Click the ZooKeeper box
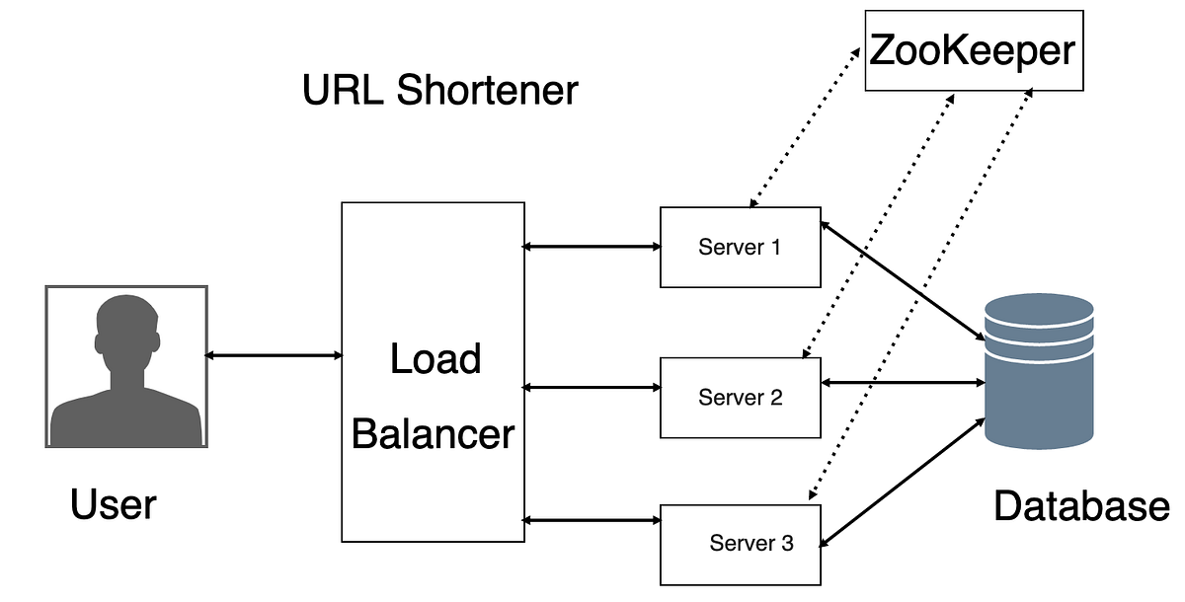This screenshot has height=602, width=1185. (974, 49)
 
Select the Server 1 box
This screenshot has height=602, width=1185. (740, 247)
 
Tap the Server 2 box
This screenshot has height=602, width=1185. (740, 398)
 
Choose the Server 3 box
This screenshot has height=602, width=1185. (740, 544)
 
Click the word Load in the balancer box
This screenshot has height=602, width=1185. (434, 359)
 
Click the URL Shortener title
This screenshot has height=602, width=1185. (439, 91)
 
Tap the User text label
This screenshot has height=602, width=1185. (113, 505)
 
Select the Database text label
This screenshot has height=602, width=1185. (1080, 506)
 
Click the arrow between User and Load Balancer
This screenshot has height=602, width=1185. (274, 354)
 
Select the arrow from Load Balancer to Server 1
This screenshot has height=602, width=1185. (592, 246)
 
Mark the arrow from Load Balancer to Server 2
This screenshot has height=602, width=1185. (592, 388)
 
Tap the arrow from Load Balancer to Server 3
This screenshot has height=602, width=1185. (592, 520)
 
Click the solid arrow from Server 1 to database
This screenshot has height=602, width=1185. (902, 282)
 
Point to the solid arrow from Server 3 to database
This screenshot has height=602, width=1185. (902, 481)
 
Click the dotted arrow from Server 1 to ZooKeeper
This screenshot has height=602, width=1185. (802, 125)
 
